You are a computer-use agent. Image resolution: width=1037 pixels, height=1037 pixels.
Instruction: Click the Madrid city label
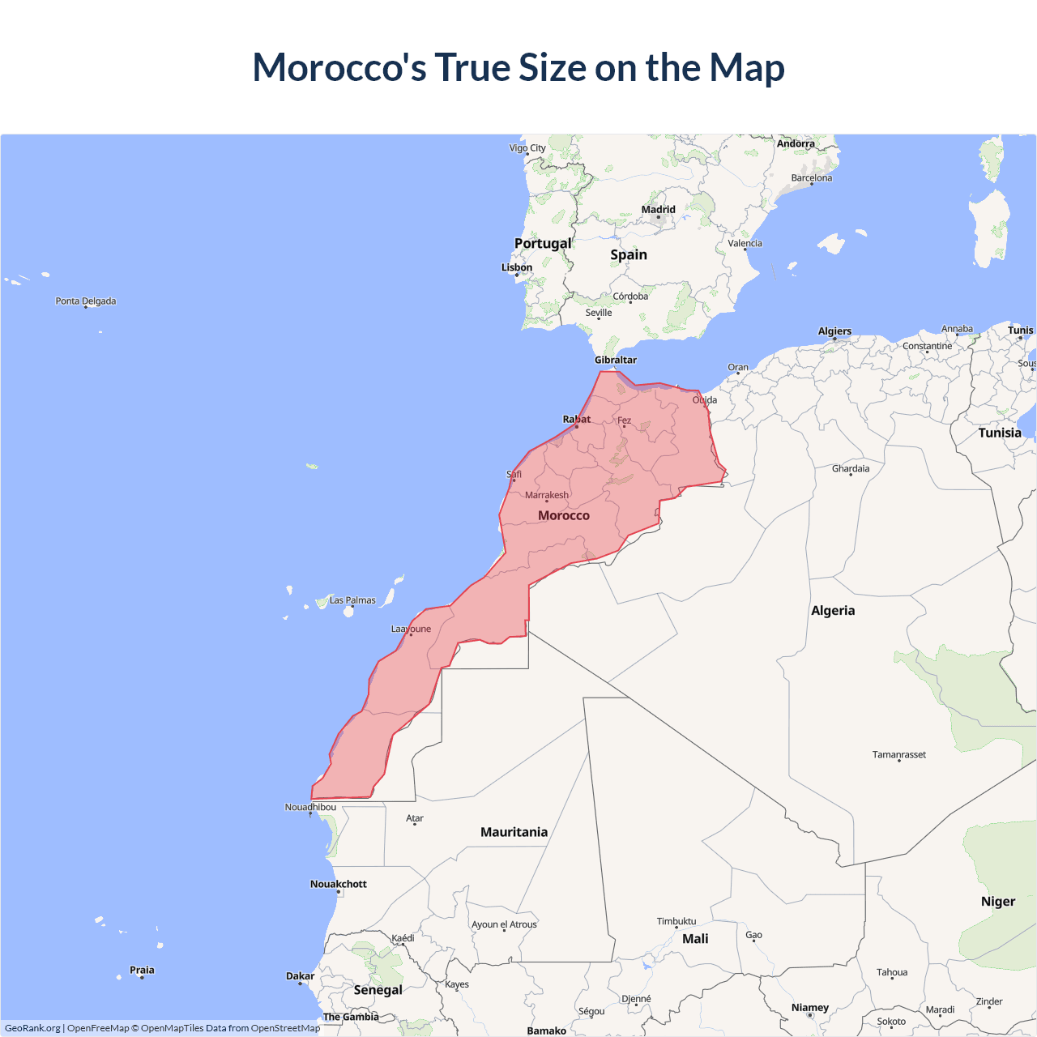[x=658, y=210]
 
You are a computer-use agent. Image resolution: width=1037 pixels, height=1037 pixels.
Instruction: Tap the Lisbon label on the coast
[x=517, y=267]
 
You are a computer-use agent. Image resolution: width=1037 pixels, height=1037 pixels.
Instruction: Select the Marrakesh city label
[x=547, y=495]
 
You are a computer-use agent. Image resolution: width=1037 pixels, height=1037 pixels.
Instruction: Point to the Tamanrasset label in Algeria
[x=898, y=754]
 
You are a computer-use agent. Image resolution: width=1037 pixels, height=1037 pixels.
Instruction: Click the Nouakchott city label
[x=339, y=884]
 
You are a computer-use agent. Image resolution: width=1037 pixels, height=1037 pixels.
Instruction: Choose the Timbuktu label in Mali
[x=676, y=921]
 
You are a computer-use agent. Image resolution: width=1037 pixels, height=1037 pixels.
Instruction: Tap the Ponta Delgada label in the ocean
[x=86, y=301]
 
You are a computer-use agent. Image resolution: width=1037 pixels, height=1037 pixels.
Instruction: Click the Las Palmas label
[x=352, y=600]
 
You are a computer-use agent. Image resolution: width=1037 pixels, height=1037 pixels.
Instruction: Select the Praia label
[x=142, y=970]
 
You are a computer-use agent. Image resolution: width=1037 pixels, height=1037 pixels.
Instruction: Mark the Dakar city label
[x=300, y=976]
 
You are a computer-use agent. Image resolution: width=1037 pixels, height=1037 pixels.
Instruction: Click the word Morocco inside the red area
[x=564, y=515]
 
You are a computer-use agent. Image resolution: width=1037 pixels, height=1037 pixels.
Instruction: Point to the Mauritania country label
[x=514, y=832]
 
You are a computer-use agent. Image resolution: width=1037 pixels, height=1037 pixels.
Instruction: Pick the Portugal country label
[x=543, y=243]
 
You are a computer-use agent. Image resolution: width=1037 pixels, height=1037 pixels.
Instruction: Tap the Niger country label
[x=997, y=902]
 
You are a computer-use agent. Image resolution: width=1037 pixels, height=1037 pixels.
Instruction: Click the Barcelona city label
[x=811, y=178]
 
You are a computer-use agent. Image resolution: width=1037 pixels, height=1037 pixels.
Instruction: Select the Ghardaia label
[x=851, y=468]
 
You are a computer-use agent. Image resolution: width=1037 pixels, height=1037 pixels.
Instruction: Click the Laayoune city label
[x=411, y=629]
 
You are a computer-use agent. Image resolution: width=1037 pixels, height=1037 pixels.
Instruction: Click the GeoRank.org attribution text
[x=32, y=1028]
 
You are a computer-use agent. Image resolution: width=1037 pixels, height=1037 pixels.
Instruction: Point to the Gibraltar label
[x=616, y=360]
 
